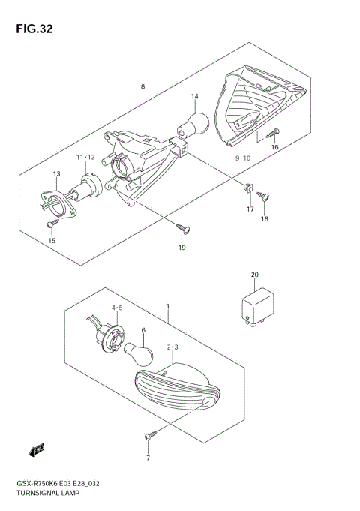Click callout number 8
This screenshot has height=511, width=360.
(142, 87)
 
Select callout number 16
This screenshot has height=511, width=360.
(274, 148)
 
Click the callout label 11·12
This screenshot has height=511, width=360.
(85, 156)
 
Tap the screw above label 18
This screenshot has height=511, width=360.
(263, 197)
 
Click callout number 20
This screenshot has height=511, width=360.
(255, 275)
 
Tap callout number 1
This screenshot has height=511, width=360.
(167, 307)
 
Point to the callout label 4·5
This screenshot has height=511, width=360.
(118, 308)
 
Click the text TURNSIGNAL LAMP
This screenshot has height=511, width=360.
(42, 494)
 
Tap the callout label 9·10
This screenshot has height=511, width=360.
(242, 158)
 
